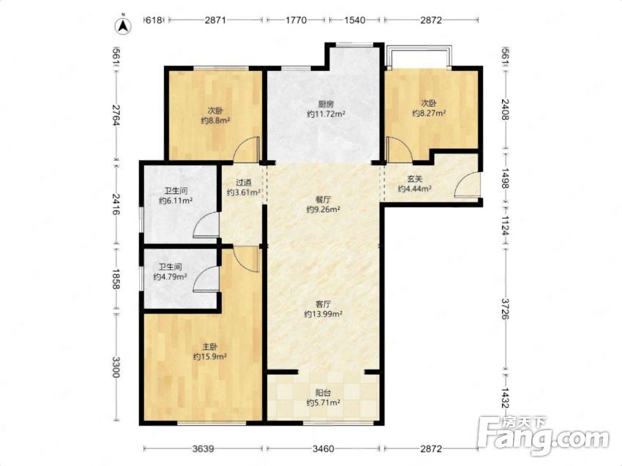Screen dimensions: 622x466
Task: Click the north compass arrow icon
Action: [124, 26]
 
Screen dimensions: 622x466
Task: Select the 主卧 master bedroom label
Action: [210, 347]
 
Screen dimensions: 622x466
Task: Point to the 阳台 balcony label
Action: [323, 393]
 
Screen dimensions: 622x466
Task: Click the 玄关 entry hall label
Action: [415, 179]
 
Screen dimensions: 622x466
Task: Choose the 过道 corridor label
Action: [244, 183]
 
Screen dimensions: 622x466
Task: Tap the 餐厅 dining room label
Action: [323, 200]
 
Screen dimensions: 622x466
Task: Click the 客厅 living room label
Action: [323, 304]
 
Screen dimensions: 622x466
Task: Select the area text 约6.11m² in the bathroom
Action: [176, 200]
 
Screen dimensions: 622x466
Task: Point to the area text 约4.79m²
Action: [171, 277]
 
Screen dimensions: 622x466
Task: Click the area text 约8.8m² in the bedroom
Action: [216, 121]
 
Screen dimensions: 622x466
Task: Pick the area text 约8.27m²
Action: [429, 113]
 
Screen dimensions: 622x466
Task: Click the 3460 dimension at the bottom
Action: [323, 449]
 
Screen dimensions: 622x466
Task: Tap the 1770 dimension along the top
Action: [296, 20]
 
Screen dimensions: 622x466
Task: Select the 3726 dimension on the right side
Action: [506, 309]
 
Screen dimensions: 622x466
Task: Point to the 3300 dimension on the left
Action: [116, 367]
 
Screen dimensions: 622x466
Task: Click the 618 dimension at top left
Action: [154, 20]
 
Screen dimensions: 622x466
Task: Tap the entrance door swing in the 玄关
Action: [467, 184]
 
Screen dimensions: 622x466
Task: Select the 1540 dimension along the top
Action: [354, 20]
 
